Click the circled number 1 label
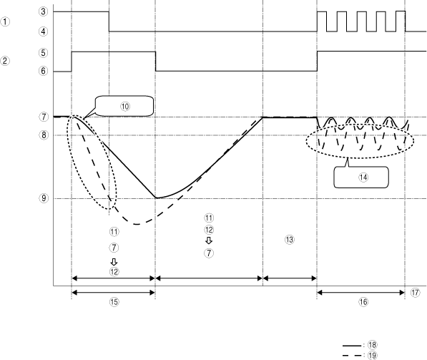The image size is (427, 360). pos(5,21)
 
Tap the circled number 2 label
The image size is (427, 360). pos(5,61)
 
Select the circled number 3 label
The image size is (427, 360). pos(44,11)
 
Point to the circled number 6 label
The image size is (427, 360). pos(44,71)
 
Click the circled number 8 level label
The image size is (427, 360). pos(44,135)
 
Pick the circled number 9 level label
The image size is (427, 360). pos(44,198)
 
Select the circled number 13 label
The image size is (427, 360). pos(289,240)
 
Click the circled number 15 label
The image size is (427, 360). pos(114,302)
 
